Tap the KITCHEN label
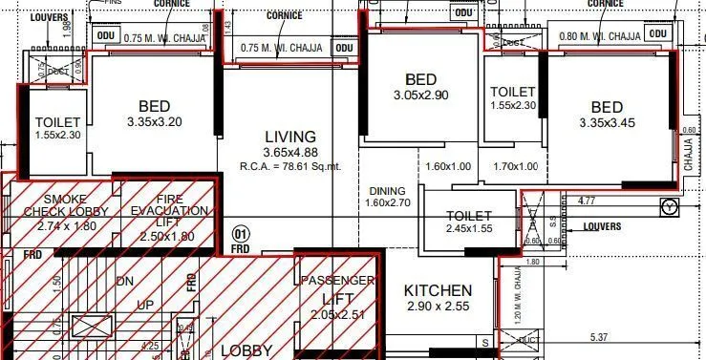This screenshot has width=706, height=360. click(x=438, y=290)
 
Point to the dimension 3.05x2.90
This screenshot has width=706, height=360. click(x=420, y=95)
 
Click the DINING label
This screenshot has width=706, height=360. click(x=388, y=191)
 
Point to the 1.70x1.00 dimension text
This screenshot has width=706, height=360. click(x=515, y=166)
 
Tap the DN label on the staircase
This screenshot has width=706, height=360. click(x=125, y=282)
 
